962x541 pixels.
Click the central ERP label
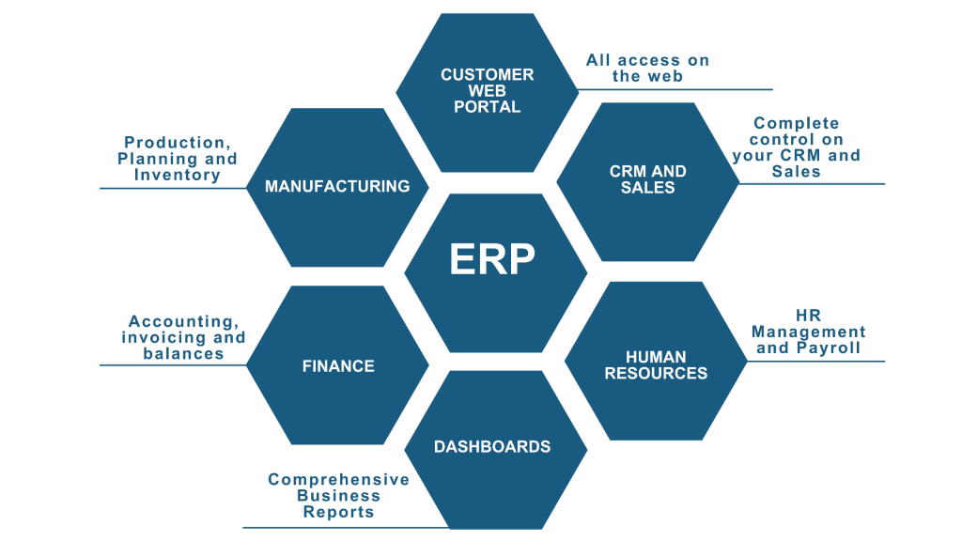pos(492,260)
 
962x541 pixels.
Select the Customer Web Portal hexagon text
pos(487,90)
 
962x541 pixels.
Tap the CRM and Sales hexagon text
pos(647,179)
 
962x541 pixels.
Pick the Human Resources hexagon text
pos(656,364)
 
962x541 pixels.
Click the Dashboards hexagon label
pos(491,446)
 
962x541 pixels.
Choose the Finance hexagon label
pos(338,366)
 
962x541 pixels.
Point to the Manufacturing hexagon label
pos(337,186)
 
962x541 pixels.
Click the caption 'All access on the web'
pos(647,68)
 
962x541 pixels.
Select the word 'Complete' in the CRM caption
pos(797,123)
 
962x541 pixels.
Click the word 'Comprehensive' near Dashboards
pos(338,480)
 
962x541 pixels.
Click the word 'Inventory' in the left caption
pos(177,175)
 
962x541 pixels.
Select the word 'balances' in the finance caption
pos(183,353)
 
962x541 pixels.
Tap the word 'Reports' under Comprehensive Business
pos(338,512)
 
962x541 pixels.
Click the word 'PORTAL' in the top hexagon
pos(487,106)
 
